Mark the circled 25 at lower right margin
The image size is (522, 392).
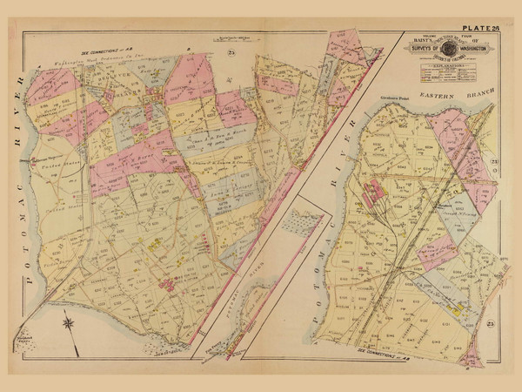[493, 324]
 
